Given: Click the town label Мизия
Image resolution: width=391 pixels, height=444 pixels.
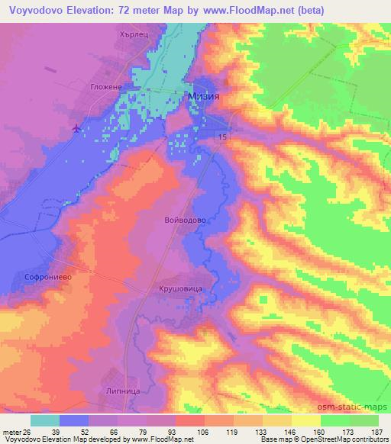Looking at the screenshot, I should pyautogui.click(x=205, y=96).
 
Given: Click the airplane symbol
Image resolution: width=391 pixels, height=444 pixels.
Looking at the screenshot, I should pyautogui.click(x=76, y=127).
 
